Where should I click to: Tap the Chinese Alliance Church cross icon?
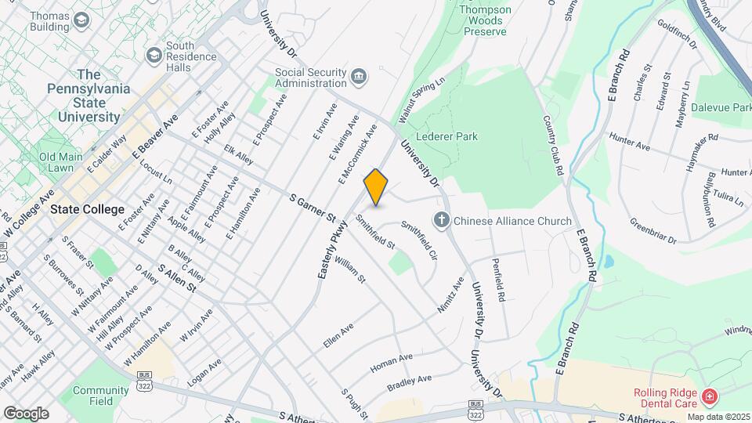tap(441, 221)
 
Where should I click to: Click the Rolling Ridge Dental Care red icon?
tap(708, 397)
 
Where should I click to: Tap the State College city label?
tap(87, 209)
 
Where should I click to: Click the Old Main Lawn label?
tap(60, 162)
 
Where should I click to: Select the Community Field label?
tap(100, 396)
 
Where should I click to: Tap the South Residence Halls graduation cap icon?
tap(154, 55)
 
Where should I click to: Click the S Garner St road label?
tap(312, 207)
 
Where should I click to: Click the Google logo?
tap(26, 413)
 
